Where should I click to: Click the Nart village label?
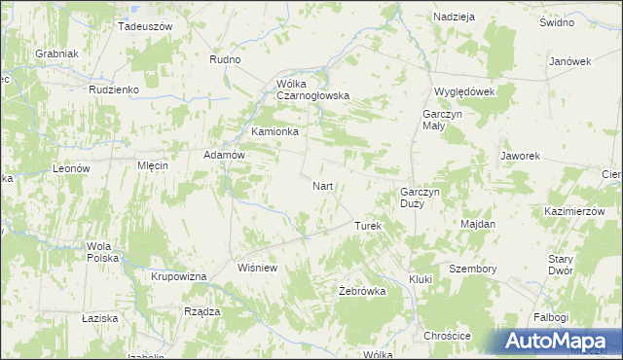coord(324,185)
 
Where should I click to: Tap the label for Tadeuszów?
coord(144,26)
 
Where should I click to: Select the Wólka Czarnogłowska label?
coord(312,90)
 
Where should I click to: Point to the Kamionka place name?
coord(275,130)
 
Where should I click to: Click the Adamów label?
coord(222,155)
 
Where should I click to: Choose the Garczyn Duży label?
coord(421,198)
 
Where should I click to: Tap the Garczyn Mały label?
coord(441,120)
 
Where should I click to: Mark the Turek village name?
coord(367,226)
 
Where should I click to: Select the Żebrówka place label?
coord(362,291)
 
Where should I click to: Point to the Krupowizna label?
coord(179,277)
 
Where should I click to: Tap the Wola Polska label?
coord(102,252)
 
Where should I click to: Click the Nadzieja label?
coord(454,18)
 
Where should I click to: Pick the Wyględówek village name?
coord(465,91)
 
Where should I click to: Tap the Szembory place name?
coord(473,269)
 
